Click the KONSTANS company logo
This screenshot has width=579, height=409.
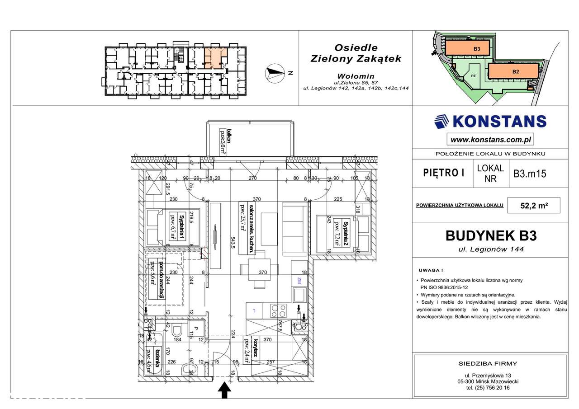click(x=489, y=121)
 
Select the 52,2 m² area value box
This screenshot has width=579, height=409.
click(x=534, y=205)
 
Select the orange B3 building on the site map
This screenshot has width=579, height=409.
click(x=466, y=47)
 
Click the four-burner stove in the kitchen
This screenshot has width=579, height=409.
click(x=278, y=310)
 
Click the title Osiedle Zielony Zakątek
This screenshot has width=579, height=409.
click(x=356, y=53)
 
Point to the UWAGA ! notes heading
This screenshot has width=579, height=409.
click(x=430, y=270)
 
